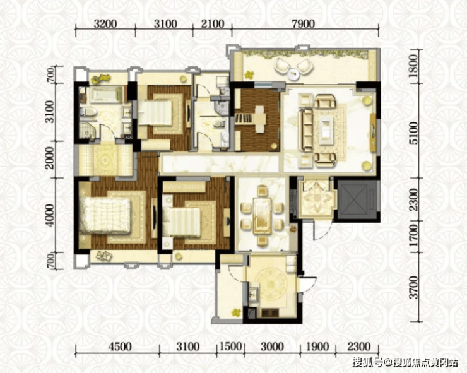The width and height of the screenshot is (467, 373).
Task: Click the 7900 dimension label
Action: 303,23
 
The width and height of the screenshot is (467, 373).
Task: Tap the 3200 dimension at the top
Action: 105,23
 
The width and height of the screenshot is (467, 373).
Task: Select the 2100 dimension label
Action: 212,23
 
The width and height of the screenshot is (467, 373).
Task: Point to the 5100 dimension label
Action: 413,133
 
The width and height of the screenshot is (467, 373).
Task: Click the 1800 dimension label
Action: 413,66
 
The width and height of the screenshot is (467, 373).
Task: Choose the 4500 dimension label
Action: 120,346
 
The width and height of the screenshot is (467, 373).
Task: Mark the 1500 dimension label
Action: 230,346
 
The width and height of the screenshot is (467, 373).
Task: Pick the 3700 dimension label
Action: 413,287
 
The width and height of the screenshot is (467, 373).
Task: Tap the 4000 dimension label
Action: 50,215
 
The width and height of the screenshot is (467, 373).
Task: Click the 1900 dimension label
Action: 317,346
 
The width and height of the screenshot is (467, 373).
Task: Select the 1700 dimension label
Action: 413,236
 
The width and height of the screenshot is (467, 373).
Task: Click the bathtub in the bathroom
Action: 106,95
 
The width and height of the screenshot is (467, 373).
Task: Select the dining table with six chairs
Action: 262,215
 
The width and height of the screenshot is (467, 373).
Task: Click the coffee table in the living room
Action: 326,129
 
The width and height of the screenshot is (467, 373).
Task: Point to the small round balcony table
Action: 293,73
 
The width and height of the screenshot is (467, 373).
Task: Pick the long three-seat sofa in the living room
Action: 305,130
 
